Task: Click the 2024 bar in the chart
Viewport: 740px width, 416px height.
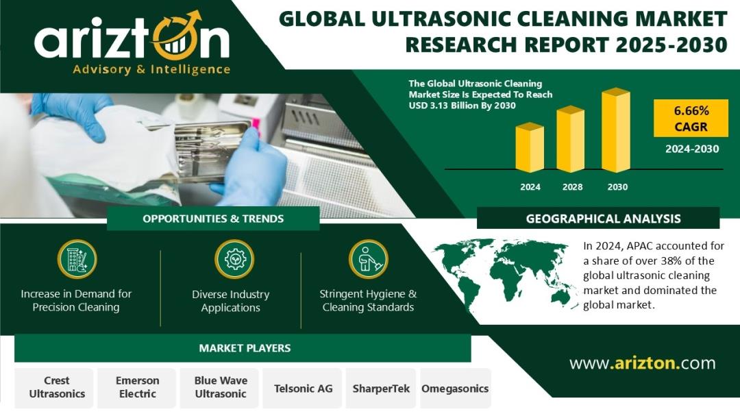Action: pos(530,147)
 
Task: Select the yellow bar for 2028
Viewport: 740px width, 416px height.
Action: pos(571,139)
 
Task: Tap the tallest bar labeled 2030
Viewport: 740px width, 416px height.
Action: pos(616,130)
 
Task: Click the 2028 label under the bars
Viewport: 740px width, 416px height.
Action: pos(572,187)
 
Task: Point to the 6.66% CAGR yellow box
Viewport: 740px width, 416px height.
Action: pos(691,119)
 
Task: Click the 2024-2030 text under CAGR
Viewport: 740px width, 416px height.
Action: pos(692,149)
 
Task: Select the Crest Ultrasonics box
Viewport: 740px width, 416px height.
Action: pos(57,388)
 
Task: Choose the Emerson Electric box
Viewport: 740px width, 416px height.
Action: pos(137,388)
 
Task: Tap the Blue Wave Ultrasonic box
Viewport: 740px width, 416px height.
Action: pos(220,388)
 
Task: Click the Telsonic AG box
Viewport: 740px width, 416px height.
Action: pos(303,388)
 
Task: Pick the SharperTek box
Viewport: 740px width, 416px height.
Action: pos(381,388)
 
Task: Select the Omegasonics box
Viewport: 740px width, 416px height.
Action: pos(455,388)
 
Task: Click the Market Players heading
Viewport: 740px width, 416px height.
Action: pos(245,348)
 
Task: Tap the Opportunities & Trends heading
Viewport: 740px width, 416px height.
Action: pos(213,219)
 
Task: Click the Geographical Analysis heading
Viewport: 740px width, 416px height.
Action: pos(603,219)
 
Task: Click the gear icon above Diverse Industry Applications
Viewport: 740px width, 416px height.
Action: pos(234,259)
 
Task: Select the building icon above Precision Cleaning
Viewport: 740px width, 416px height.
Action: pos(77,259)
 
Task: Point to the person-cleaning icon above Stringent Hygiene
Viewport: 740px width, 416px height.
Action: pos(368,259)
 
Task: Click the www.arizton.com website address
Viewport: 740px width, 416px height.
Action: pos(642,363)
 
